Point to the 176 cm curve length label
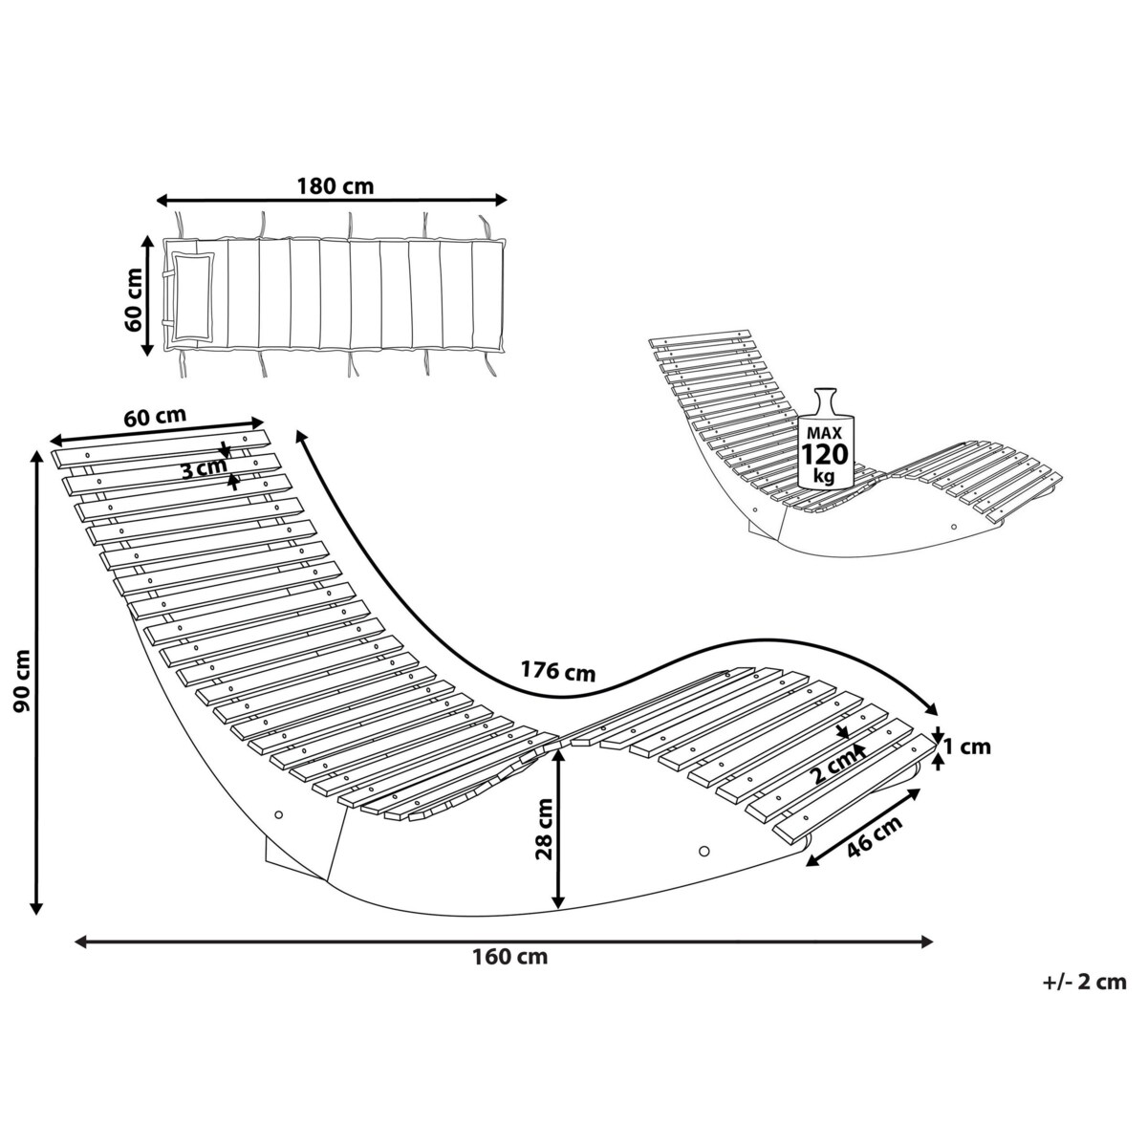click(557, 671)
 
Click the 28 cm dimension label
click(544, 830)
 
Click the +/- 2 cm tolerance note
click(1085, 982)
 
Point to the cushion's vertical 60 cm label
click(134, 297)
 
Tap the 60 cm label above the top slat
click(155, 417)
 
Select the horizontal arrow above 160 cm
click(504, 941)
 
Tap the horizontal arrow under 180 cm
click(332, 201)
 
